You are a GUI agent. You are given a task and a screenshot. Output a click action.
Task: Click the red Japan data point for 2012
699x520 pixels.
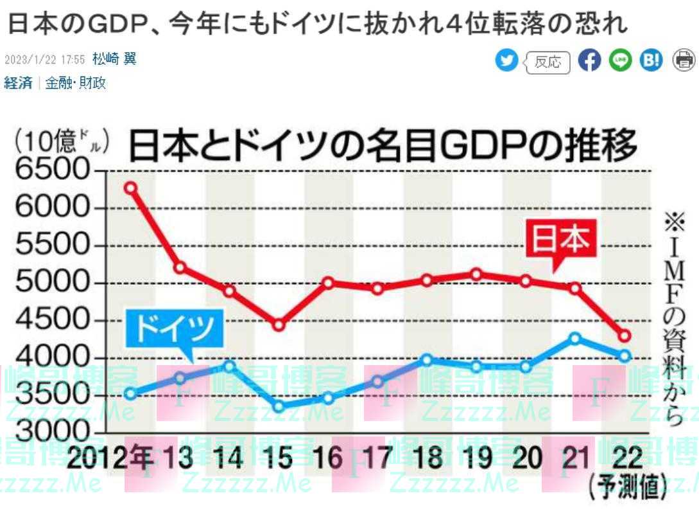click(x=130, y=188)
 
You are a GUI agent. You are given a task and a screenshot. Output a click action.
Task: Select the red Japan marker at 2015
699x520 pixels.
click(x=278, y=325)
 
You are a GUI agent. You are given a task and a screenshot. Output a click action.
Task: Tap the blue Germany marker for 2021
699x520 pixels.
click(x=575, y=338)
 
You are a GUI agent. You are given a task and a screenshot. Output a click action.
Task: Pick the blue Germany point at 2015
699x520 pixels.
click(x=278, y=406)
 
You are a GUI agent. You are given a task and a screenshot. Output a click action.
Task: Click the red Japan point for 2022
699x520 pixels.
click(x=625, y=336)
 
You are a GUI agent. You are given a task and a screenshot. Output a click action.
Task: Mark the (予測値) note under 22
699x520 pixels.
click(x=625, y=489)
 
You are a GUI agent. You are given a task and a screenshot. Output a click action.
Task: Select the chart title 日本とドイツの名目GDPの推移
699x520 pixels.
click(x=383, y=146)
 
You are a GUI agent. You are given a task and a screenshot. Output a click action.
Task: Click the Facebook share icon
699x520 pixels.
click(x=589, y=60)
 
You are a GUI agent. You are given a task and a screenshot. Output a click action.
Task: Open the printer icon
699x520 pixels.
click(x=683, y=60)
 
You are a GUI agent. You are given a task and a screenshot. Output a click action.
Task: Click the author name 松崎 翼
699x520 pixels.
click(x=114, y=60)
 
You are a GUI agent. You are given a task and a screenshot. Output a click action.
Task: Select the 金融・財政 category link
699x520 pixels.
click(x=76, y=83)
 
